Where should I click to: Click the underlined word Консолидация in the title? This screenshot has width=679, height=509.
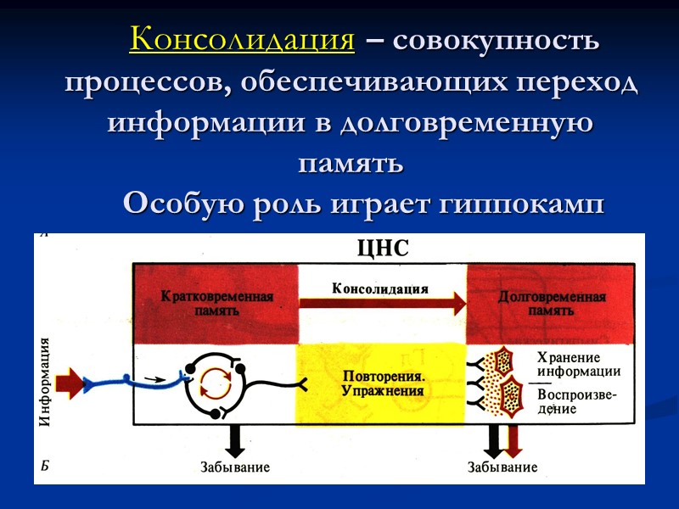(242, 40)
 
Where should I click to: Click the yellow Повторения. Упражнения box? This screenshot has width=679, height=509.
(381, 384)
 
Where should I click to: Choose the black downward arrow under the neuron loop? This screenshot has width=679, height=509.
(235, 439)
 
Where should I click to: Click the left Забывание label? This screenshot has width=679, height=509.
(235, 467)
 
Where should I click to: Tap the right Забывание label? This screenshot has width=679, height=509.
(502, 467)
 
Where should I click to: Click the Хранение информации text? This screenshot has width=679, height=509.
(577, 364)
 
